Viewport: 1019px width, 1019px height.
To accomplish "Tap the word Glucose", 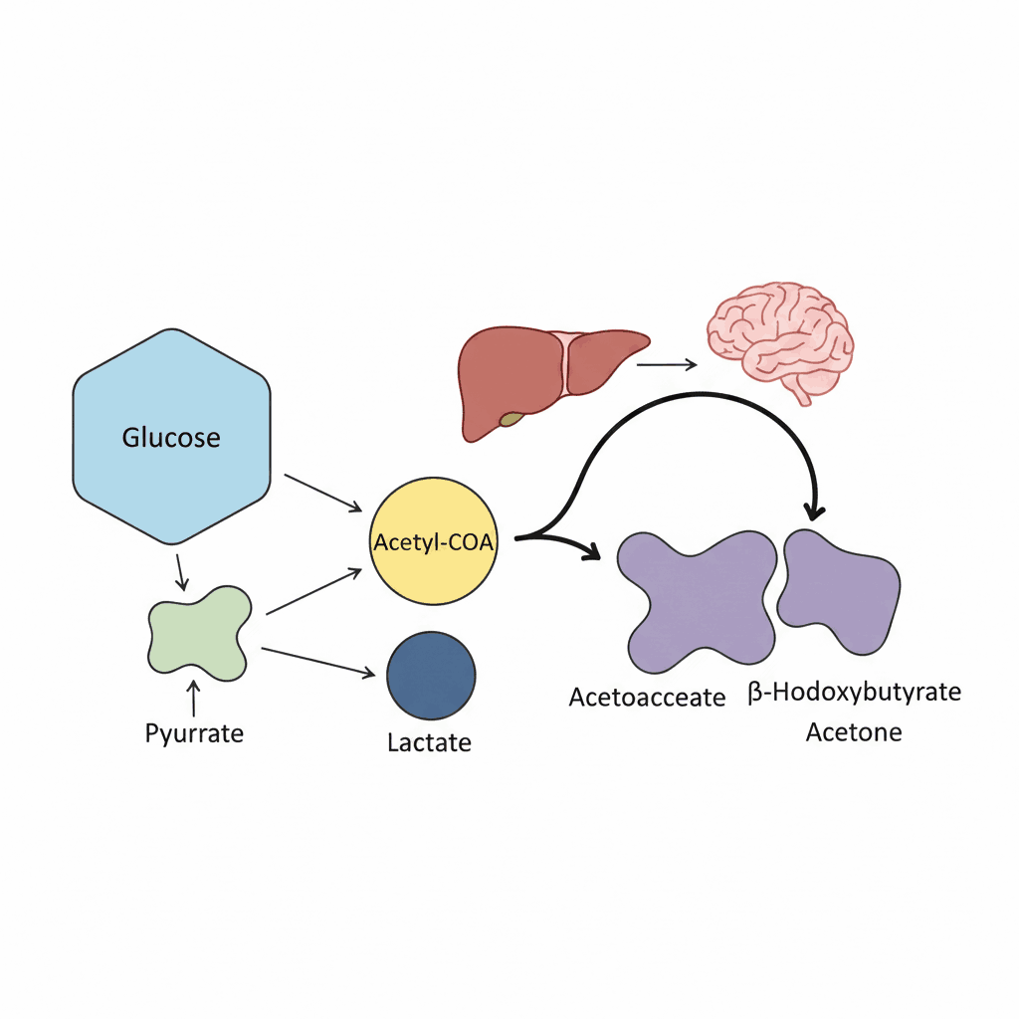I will (x=171, y=437).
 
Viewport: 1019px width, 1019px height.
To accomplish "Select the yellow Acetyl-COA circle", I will (x=432, y=543).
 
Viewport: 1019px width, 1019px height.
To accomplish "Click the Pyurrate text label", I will (x=194, y=734).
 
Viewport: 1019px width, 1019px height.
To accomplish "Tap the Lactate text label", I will (x=429, y=742).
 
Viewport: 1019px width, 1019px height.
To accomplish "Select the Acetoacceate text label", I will (x=647, y=698).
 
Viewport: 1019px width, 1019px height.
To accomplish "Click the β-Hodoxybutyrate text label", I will (x=854, y=693).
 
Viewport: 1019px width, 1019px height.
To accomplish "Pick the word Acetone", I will (x=854, y=732).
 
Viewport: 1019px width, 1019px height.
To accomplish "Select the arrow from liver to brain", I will (x=666, y=364).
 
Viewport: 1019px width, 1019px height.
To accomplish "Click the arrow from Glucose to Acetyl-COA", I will (x=322, y=493).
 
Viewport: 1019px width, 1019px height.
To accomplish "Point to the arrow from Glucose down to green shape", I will (x=181, y=571).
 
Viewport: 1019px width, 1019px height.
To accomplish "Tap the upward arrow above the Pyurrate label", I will (x=193, y=700).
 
